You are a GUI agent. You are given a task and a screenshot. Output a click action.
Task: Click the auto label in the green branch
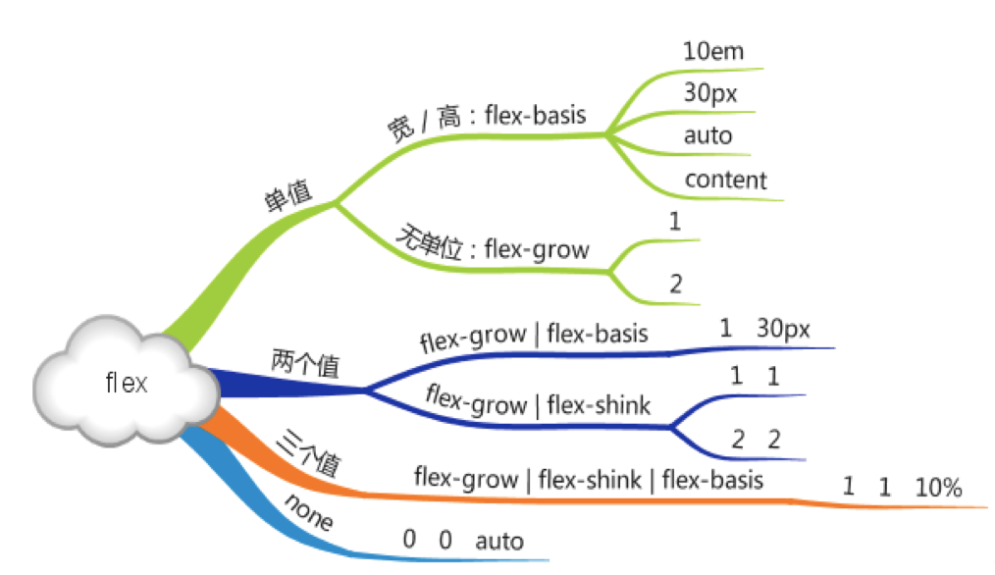(707, 135)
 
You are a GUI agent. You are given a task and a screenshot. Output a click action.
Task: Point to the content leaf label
(725, 180)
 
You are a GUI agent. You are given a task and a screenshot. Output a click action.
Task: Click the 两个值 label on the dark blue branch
(305, 364)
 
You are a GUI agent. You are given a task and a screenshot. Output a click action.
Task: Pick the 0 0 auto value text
(463, 541)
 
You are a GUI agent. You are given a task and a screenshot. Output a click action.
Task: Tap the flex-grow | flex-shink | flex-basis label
(589, 480)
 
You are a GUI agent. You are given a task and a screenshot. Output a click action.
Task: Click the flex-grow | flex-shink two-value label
(538, 401)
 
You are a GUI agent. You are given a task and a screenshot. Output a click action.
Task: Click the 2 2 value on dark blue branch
(755, 440)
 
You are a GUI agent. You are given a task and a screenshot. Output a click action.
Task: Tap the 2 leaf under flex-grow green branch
(675, 285)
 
